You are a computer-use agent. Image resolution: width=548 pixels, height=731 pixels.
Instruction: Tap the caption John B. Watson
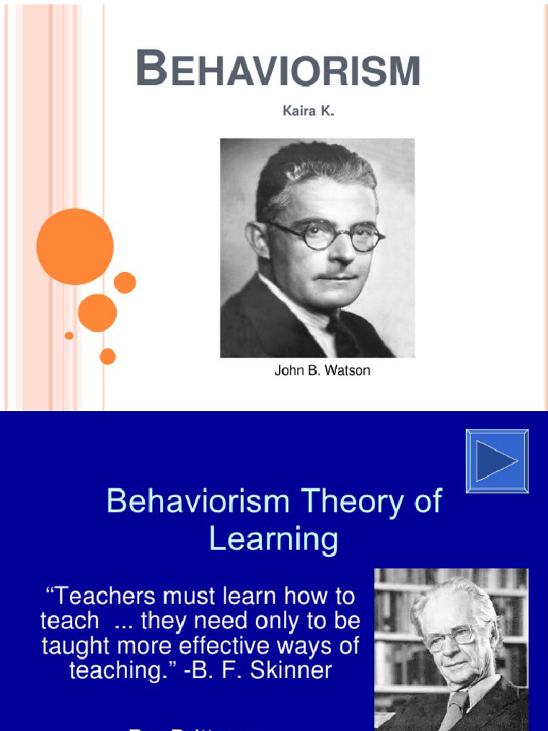(323, 371)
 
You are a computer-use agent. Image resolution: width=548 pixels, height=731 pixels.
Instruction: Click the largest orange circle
(75, 246)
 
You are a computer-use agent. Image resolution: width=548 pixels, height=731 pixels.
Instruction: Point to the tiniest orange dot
(69, 336)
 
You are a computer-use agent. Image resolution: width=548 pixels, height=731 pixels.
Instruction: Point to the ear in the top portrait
(256, 239)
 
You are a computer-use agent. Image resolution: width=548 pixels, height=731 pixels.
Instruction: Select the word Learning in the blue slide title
(273, 539)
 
